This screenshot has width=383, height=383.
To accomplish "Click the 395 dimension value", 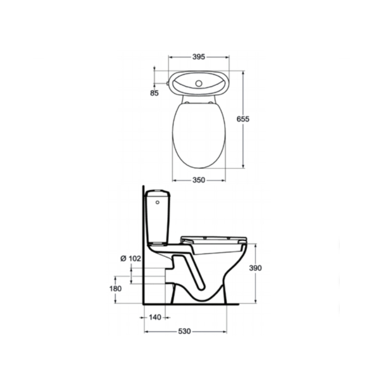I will [199, 56].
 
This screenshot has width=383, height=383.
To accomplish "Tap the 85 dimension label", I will [154, 93].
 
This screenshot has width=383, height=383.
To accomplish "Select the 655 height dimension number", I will [243, 119].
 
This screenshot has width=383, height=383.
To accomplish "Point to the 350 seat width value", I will [199, 180].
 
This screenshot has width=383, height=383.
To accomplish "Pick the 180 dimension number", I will [115, 289].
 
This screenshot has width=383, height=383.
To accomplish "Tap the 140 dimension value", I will [155, 317].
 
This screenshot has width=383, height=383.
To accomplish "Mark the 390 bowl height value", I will [255, 268].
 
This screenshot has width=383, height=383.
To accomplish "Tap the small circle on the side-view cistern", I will [158, 202].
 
